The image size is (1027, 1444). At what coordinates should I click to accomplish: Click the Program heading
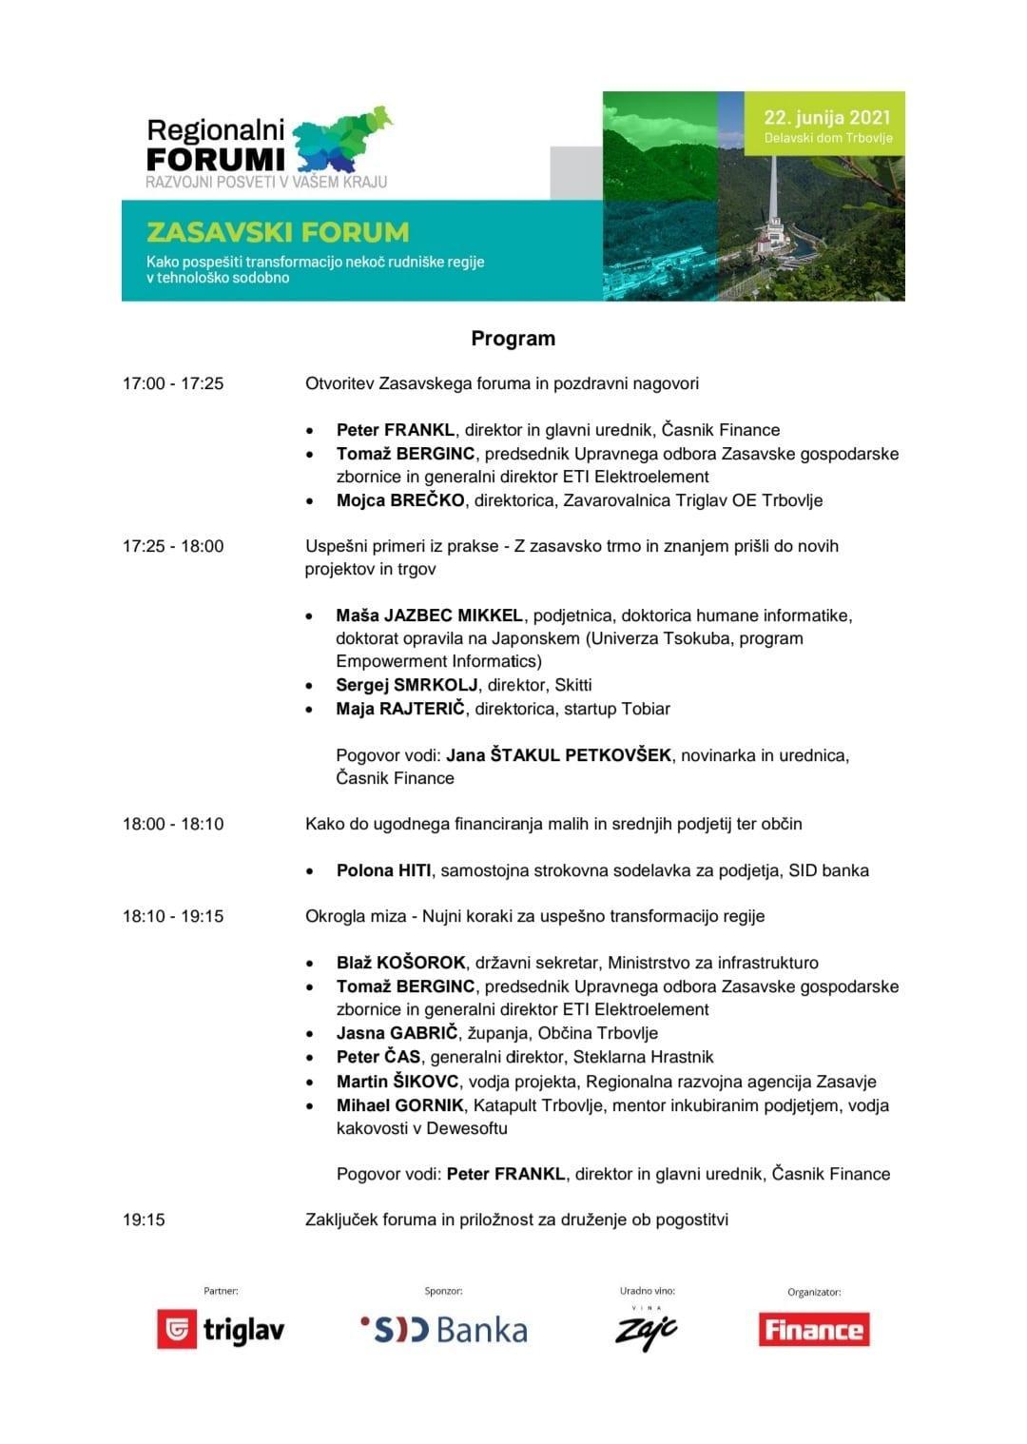[x=513, y=339]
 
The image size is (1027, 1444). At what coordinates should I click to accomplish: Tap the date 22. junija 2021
[x=826, y=118]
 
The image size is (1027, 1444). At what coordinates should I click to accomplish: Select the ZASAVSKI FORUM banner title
[x=278, y=232]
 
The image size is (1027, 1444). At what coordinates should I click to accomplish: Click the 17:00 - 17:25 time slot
[x=173, y=383]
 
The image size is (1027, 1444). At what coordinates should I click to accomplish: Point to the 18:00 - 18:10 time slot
[x=173, y=824]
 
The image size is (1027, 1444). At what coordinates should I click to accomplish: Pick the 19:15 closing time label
[x=144, y=1220]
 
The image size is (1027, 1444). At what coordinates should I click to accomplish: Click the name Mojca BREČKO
[x=400, y=500]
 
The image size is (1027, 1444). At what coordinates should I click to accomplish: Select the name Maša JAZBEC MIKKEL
[x=429, y=615]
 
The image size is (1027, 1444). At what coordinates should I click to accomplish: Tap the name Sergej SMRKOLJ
[x=406, y=685]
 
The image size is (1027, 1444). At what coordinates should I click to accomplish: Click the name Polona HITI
[x=383, y=870]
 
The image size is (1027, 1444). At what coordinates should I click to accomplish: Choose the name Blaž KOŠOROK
[x=400, y=963]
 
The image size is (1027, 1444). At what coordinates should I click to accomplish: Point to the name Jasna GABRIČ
[x=397, y=1033]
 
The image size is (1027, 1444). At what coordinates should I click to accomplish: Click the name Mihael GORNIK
[x=399, y=1105]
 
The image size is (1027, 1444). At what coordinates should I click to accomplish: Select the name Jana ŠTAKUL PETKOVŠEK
[x=559, y=755]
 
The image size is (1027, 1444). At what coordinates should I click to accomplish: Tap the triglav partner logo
[x=221, y=1329]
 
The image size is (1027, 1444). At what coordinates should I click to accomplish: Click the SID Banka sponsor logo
[x=444, y=1329]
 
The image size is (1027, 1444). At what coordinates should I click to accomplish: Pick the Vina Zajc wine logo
[x=647, y=1329]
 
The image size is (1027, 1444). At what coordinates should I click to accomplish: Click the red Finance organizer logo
[x=814, y=1329]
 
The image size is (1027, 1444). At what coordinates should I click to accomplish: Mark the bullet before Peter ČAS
[x=311, y=1058]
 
